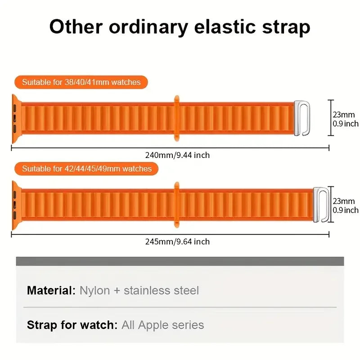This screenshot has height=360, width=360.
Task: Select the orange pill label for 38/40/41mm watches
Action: click(x=81, y=82)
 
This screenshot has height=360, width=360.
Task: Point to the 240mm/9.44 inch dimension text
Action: click(x=177, y=155)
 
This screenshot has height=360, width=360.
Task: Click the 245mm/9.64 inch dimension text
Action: click(x=177, y=242)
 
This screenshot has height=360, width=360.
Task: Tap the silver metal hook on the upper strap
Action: click(x=302, y=118)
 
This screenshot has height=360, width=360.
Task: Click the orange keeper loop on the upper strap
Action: click(x=176, y=117)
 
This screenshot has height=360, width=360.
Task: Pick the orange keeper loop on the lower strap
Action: click(x=176, y=204)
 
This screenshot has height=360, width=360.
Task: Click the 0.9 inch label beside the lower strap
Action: click(x=346, y=210)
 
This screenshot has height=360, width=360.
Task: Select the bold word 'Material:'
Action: click(x=51, y=290)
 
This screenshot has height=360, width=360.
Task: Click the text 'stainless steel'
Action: click(x=161, y=290)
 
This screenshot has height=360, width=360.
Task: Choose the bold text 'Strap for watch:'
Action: click(x=72, y=325)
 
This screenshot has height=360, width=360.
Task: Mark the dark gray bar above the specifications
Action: click(x=180, y=261)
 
